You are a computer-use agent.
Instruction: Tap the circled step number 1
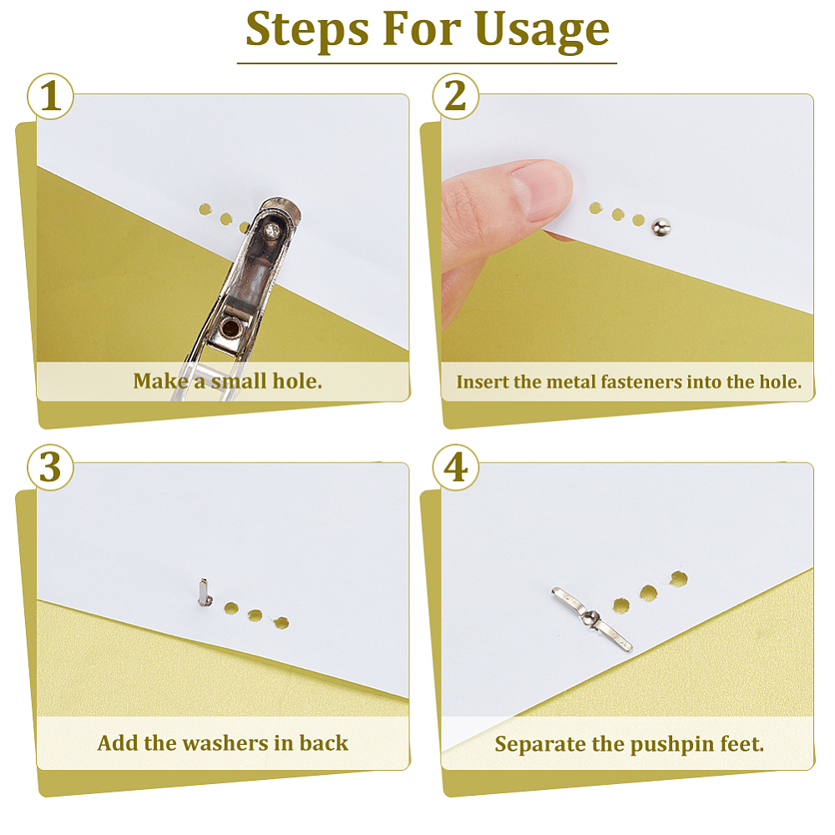(51, 96)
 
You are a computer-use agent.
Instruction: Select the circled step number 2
(455, 96)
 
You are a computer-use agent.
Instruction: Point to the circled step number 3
(51, 468)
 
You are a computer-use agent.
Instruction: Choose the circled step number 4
(455, 468)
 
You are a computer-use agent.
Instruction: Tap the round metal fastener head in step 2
(660, 227)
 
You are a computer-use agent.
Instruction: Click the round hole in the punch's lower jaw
(230, 328)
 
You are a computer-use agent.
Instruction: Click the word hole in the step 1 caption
(297, 382)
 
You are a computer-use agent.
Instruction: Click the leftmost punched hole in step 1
(205, 210)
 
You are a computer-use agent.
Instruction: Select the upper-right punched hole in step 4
(678, 579)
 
